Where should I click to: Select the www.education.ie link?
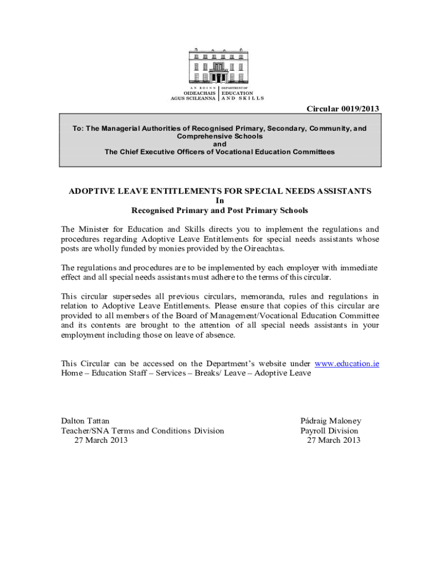point(347,363)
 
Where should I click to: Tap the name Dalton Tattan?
point(85,421)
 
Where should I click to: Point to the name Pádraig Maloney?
point(331,421)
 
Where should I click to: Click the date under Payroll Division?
point(334,440)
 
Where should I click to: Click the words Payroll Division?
point(329,431)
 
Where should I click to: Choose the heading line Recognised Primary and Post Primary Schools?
point(220,210)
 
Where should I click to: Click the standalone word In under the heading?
point(220,201)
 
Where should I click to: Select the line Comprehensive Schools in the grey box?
point(220,137)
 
